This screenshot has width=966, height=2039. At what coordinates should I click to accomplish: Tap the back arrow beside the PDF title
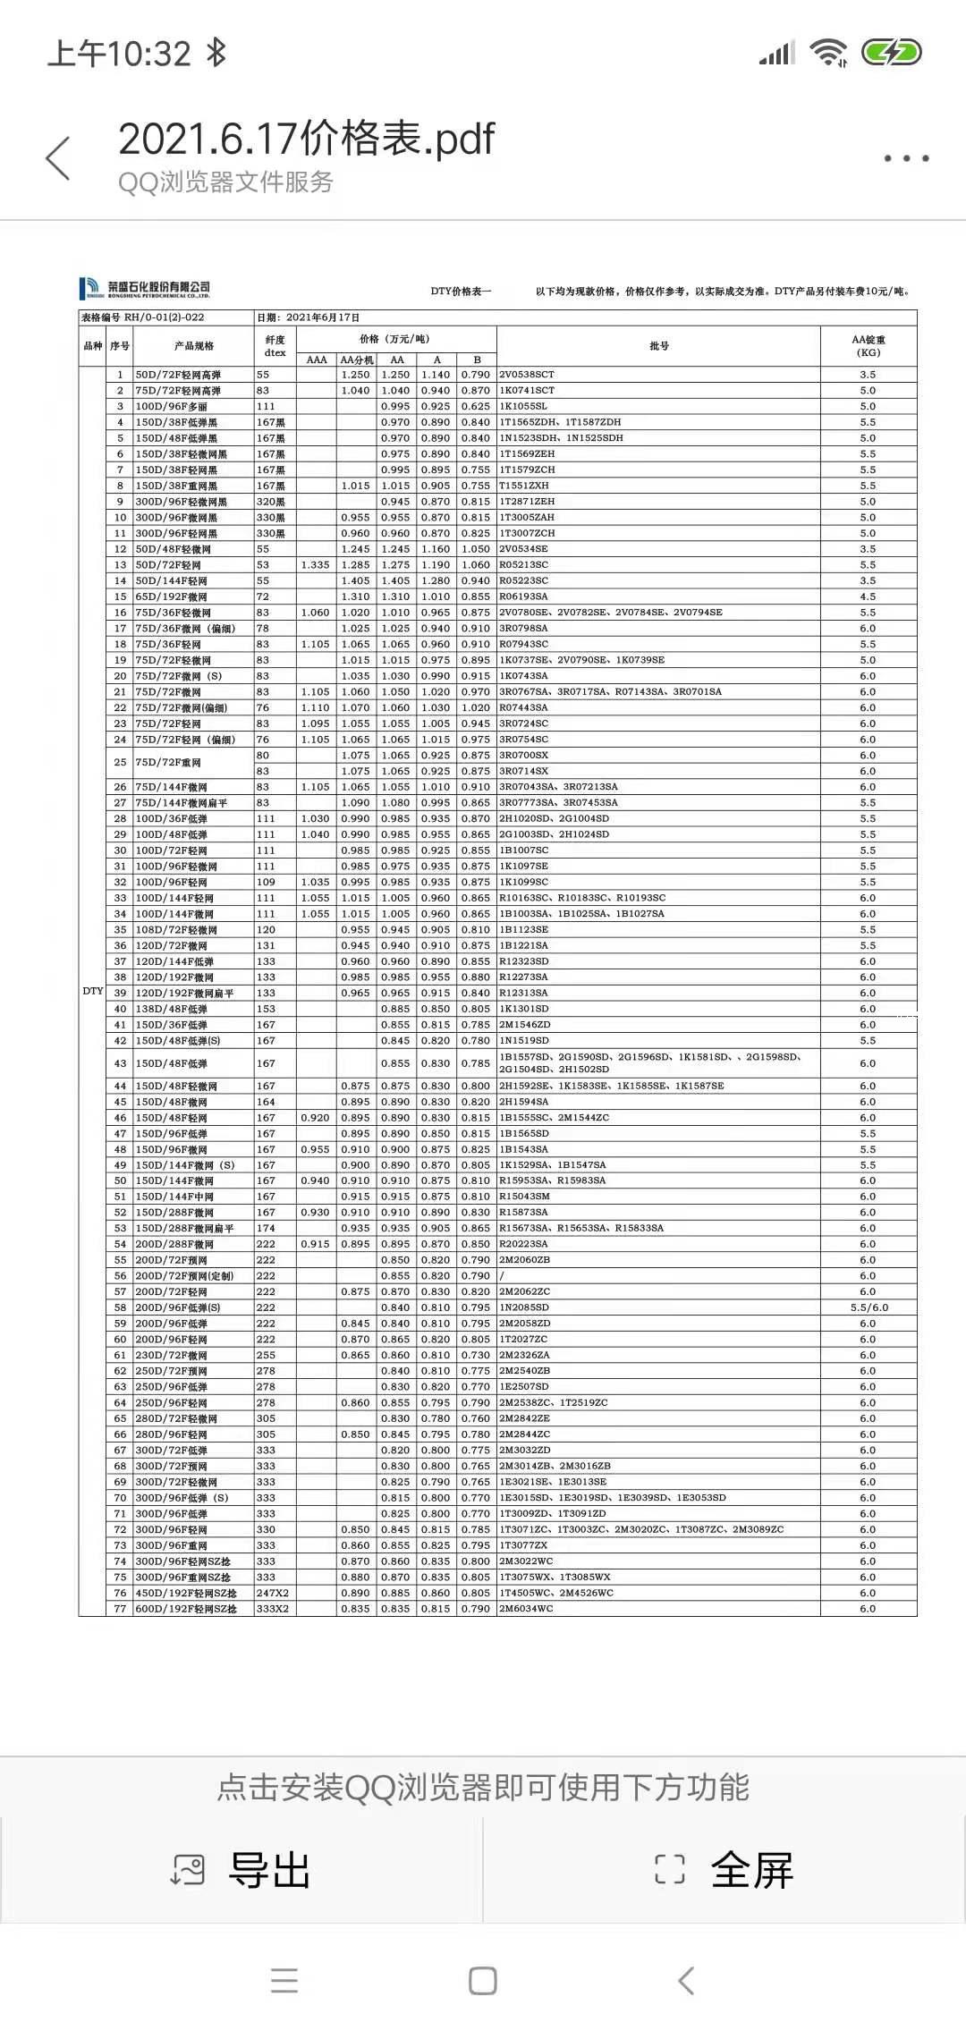(58, 159)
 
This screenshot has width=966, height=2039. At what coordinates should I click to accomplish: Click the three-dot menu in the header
(906, 158)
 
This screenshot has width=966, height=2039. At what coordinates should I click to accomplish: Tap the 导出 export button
(241, 1870)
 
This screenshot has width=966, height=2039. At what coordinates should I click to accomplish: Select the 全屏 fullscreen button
(724, 1870)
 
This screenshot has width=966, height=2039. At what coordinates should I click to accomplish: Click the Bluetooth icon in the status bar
(216, 53)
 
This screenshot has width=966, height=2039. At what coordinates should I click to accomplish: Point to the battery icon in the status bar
(891, 53)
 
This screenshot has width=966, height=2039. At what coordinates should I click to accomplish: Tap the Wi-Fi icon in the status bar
(828, 53)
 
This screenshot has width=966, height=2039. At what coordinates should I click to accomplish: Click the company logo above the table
(145, 288)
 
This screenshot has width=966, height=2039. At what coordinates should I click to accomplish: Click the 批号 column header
(659, 346)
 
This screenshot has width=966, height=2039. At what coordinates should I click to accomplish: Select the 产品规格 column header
(194, 346)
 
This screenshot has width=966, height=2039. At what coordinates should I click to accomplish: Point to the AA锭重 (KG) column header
(868, 346)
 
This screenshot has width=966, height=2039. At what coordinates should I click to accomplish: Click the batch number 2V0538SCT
(527, 375)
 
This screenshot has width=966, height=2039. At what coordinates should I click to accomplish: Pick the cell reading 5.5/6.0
(869, 1307)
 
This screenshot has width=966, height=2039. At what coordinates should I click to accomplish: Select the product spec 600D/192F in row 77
(186, 1609)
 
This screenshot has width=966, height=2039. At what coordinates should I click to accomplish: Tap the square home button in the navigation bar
(483, 1981)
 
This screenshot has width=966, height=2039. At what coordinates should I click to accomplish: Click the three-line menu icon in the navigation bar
(284, 1981)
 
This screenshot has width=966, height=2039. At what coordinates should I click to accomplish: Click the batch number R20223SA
(523, 1244)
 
